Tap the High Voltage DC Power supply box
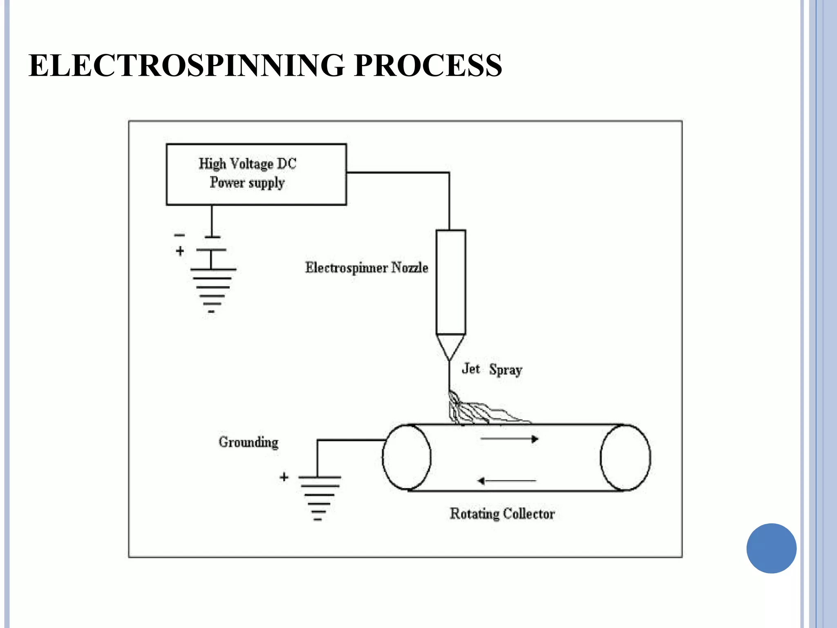(256, 174)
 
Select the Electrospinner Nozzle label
(367, 268)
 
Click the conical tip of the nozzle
(450, 345)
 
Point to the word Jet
(470, 369)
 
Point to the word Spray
(506, 370)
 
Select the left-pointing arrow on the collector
(506, 481)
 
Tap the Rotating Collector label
(502, 514)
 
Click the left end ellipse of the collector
(406, 457)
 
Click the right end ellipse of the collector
(625, 457)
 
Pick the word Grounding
(248, 442)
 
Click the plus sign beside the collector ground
(284, 477)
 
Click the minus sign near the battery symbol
(179, 235)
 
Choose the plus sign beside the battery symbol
(180, 251)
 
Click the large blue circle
(771, 548)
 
